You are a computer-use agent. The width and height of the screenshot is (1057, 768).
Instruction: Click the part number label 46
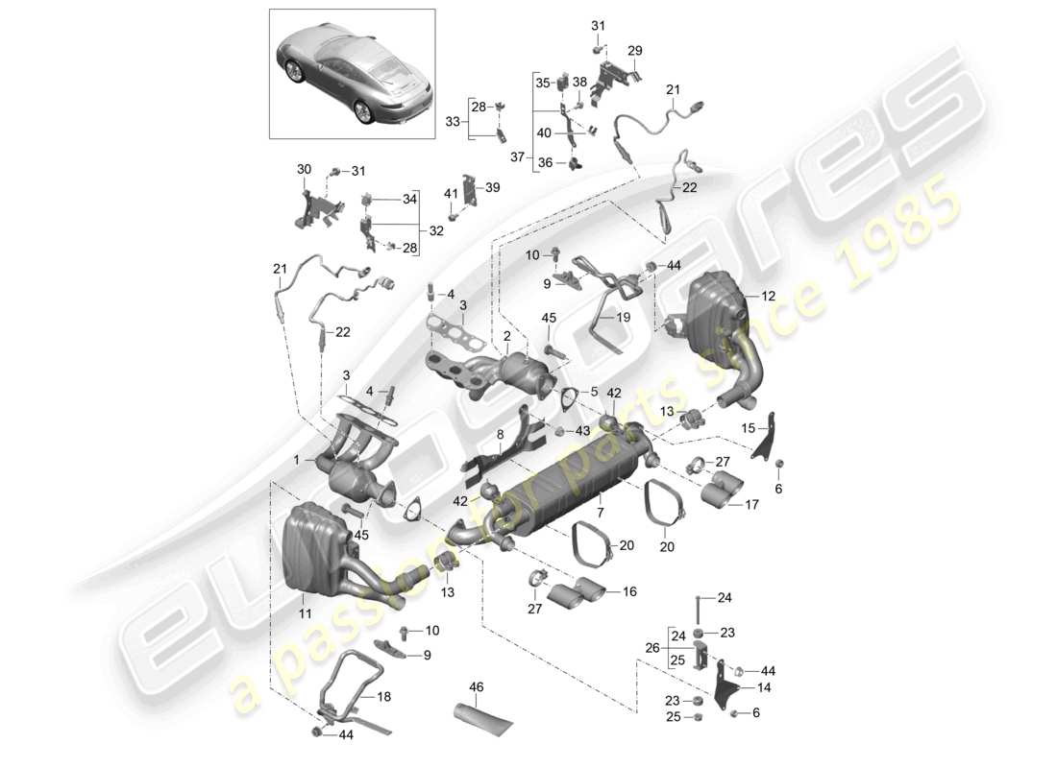coord(476,688)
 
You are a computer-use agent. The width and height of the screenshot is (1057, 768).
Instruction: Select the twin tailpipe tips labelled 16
coord(578,592)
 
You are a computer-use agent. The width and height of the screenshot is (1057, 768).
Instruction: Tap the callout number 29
coord(635,51)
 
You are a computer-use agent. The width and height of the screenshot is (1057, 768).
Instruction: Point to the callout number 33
coord(453,121)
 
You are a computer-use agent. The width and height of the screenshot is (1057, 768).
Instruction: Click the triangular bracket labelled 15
coord(766,444)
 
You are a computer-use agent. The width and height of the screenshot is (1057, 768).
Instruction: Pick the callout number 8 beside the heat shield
coord(500,434)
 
